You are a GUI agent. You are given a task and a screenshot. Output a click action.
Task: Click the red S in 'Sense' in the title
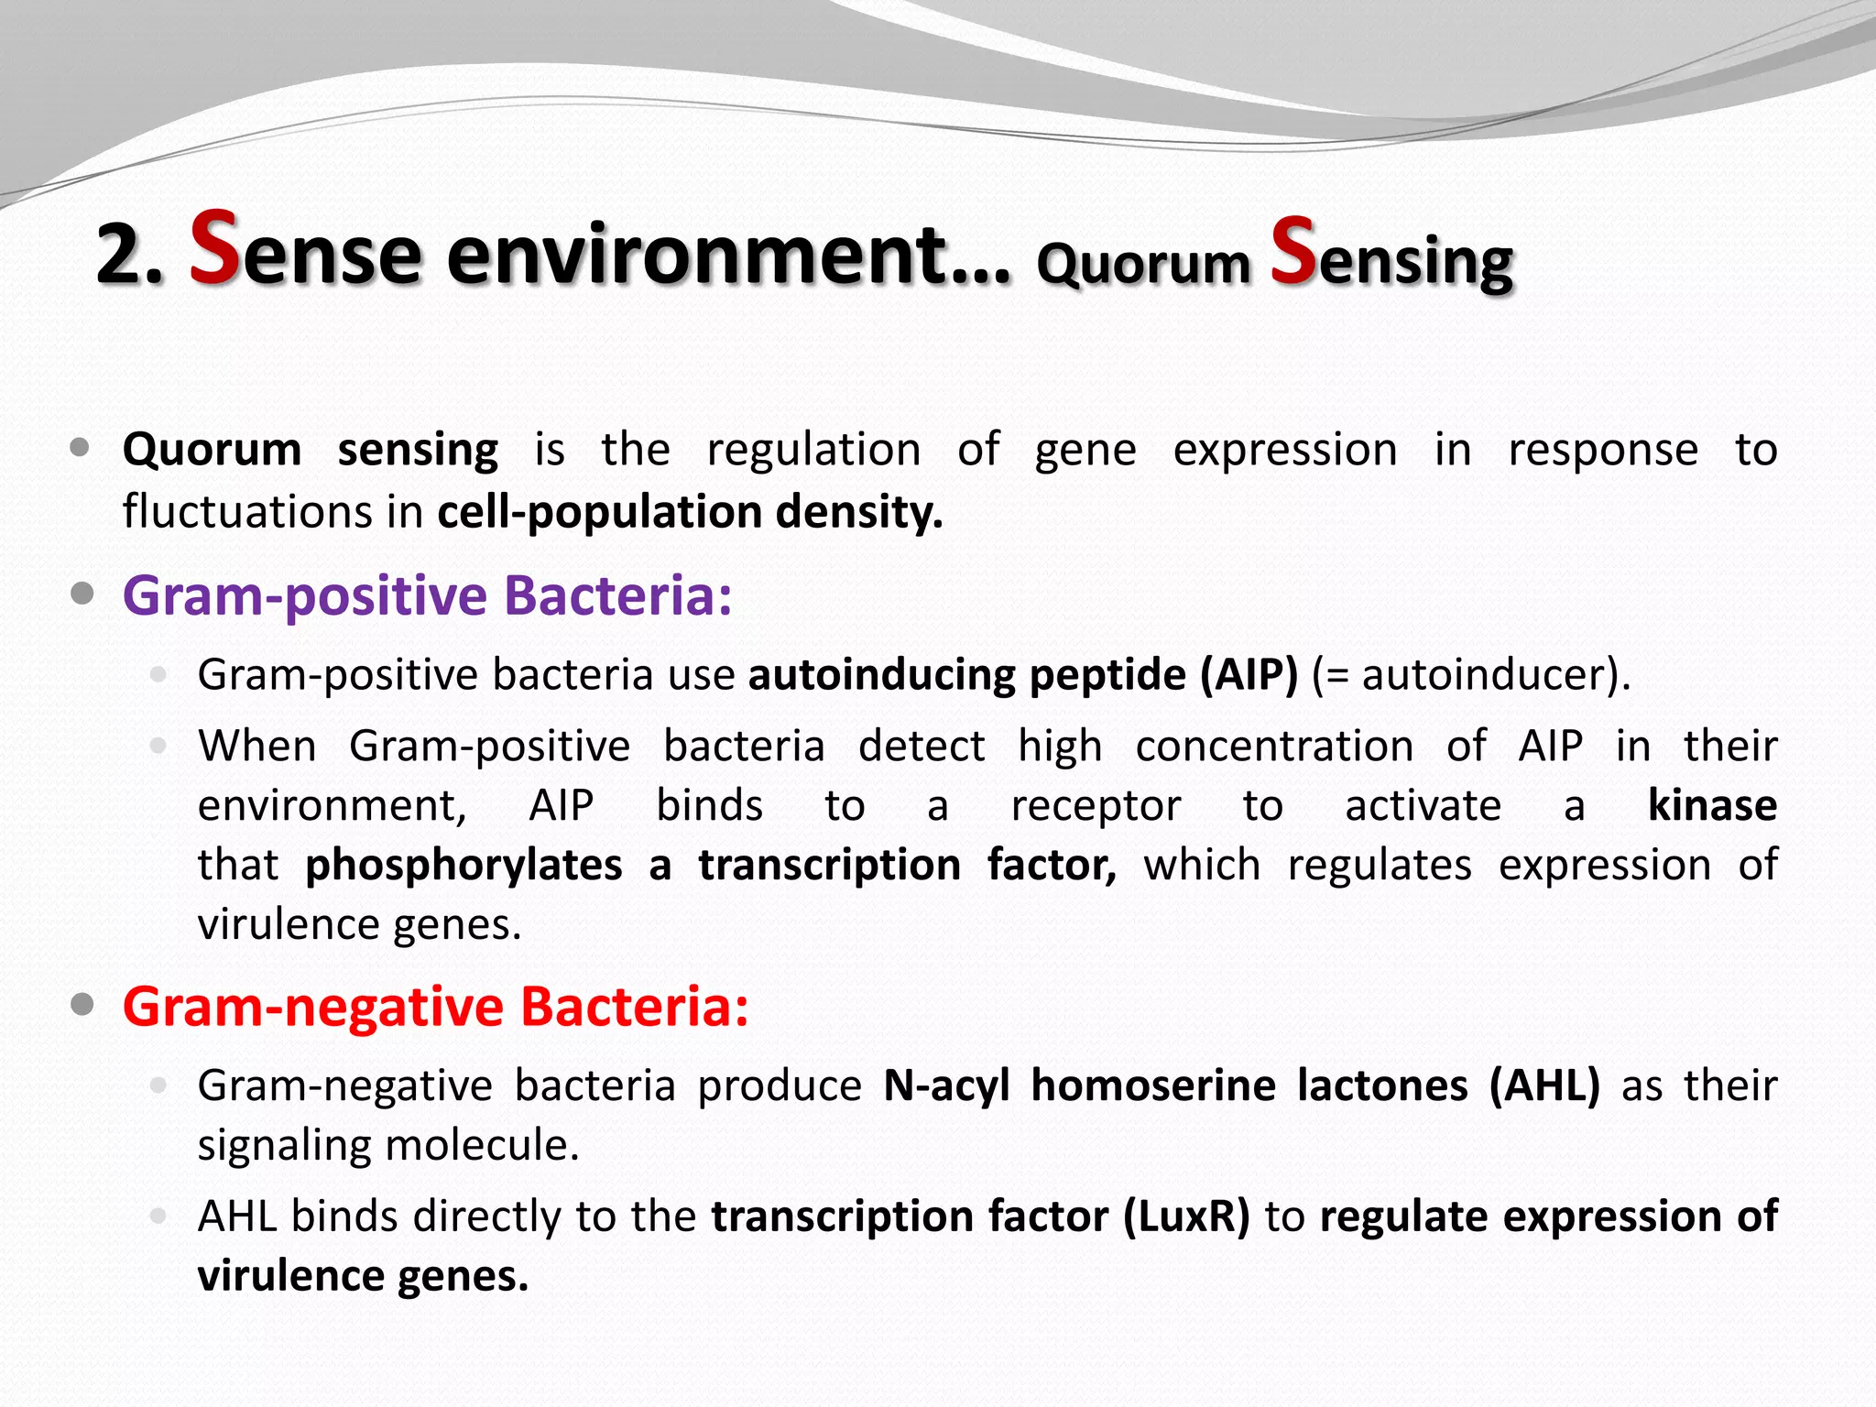coord(214,247)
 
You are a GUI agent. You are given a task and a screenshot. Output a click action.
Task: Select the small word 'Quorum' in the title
coord(1143,265)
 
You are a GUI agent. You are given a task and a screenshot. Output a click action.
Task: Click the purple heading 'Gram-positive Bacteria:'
coord(427,596)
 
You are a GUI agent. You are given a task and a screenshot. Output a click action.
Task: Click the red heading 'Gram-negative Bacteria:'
coord(435,1007)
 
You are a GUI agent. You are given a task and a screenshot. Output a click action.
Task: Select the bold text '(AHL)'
coord(1544,1086)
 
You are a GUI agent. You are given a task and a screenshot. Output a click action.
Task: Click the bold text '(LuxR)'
coord(1186,1217)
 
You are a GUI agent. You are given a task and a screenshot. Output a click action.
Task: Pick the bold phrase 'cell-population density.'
coord(689,512)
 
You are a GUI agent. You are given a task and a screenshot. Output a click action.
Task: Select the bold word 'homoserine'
coord(1153,1086)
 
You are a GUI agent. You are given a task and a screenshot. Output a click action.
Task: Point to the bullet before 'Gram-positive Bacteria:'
coord(82,594)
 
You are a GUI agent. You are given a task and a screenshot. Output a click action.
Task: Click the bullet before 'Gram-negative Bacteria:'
coord(82,1005)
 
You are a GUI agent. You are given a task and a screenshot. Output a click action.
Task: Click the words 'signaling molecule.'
coord(388,1146)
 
